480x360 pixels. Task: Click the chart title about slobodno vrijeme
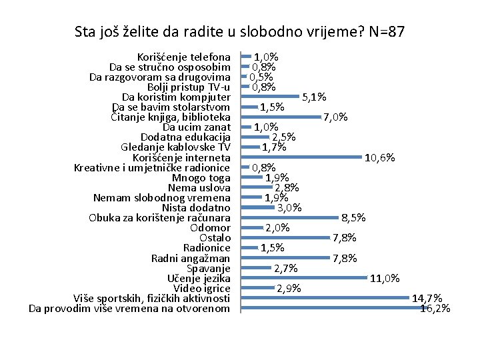tap(239, 31)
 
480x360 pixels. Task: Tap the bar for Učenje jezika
tap(304, 278)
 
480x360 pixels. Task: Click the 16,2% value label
tap(435, 309)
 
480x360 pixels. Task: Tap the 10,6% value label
tap(381, 158)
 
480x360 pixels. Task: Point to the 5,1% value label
tap(314, 97)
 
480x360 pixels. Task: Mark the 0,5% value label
tap(262, 77)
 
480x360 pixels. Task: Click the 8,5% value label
tap(353, 217)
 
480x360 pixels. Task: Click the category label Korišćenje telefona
tap(183, 57)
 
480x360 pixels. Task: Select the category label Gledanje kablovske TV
tap(176, 147)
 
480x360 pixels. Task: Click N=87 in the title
tap(385, 31)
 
